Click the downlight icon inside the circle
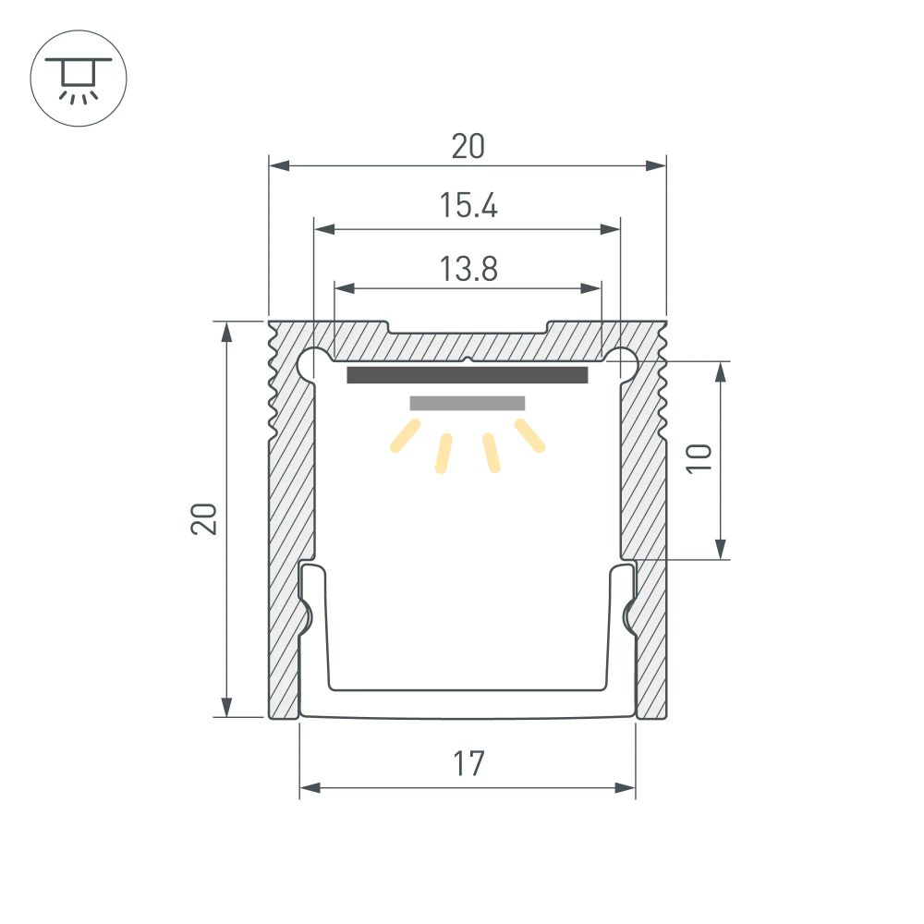[x=79, y=78]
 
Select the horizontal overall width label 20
[x=468, y=147]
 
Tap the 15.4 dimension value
[x=468, y=206]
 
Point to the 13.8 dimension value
[x=468, y=269]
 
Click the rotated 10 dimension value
[x=699, y=459]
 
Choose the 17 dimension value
[x=468, y=765]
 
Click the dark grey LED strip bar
[x=468, y=375]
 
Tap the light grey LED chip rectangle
[x=468, y=403]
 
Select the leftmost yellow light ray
[x=406, y=436]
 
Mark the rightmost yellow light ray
[x=529, y=436]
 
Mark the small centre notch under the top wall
[x=468, y=360]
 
